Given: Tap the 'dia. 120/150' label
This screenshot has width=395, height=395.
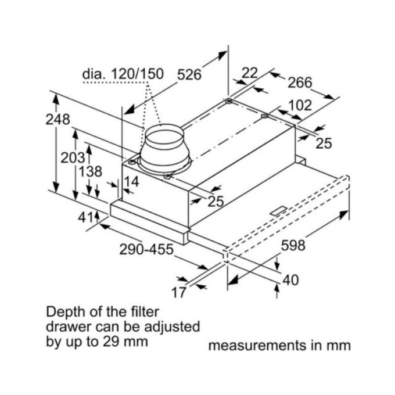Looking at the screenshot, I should coord(123,75).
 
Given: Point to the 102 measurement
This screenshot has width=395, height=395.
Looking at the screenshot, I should coord(300,106).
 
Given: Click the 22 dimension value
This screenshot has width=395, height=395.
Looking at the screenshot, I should coord(249,73).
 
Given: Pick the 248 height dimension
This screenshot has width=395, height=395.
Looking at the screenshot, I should coord(58,120).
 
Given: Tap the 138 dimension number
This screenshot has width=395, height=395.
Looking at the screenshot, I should coord(90,172).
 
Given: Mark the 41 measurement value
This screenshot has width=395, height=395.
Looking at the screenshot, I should coord(85,217).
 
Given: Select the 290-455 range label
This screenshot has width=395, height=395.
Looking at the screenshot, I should coord(146,250).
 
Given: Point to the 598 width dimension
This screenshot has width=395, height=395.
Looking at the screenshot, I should coord(293,246).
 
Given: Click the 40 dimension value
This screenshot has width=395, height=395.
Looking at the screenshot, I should coord(290,281).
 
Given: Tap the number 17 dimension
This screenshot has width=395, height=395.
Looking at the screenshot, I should coord(179,292).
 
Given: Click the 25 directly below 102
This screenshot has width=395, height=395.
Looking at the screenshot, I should coord(323,142).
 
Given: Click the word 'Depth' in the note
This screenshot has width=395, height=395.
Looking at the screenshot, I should coord(65,311).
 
